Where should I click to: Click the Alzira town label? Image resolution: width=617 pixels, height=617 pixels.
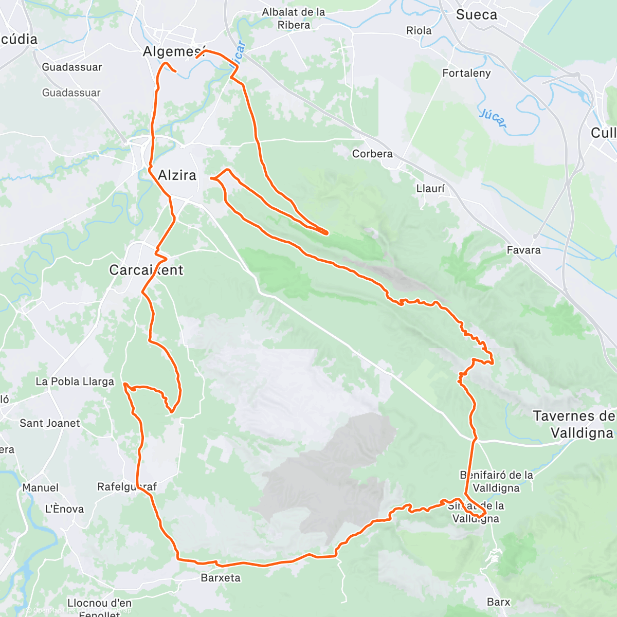[x=177, y=175]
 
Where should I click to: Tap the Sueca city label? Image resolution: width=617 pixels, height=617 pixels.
[x=477, y=15]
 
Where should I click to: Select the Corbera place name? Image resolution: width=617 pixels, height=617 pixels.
[x=372, y=154]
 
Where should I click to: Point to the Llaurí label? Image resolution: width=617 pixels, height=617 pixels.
[x=430, y=189]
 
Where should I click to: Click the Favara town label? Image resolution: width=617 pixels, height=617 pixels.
[x=523, y=250]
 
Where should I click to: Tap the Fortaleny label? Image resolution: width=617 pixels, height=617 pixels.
[x=466, y=73]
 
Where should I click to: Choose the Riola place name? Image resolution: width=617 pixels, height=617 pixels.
[x=419, y=31]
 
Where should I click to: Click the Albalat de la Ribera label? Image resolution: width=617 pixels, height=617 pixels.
[x=294, y=19]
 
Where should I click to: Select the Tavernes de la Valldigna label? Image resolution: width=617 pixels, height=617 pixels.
[x=574, y=424]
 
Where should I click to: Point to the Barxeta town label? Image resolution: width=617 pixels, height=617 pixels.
[x=221, y=578]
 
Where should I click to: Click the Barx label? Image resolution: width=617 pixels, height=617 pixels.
[x=498, y=602]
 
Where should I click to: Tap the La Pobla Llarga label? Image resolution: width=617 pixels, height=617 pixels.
[x=75, y=382]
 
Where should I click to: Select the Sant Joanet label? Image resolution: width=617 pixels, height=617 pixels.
[x=50, y=423]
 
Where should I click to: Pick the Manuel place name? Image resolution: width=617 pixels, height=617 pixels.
[x=40, y=487]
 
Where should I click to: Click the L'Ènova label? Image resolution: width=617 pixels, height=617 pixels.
[x=64, y=509]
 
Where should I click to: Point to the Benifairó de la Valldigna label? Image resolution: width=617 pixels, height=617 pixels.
[x=496, y=481]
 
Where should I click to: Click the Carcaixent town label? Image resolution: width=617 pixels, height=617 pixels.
[x=146, y=270]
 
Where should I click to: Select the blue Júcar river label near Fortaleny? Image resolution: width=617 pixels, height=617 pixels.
[x=493, y=119]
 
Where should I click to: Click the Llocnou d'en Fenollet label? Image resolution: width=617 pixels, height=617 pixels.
[x=99, y=607]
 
